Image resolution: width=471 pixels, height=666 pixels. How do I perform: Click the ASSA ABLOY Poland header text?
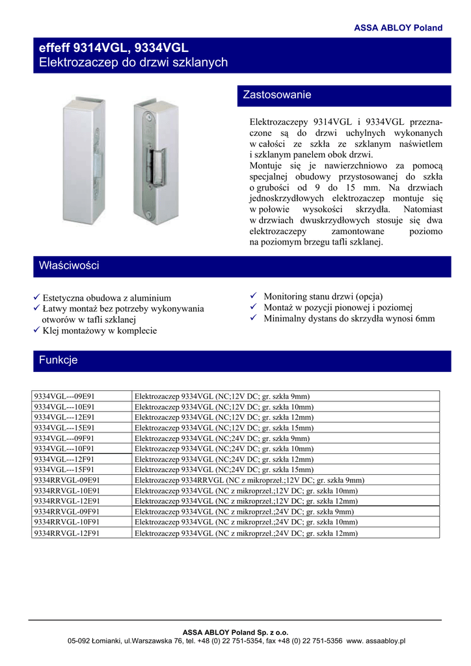coord(397,28)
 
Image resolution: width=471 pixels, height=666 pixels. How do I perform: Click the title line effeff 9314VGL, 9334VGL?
coord(114,48)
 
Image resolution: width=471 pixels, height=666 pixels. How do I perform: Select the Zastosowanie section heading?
coord(277,95)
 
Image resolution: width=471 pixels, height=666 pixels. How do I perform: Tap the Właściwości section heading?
coord(69,266)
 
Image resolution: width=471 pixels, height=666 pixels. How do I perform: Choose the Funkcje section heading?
coord(59,360)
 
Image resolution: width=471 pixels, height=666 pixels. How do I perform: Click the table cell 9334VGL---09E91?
coord(64,396)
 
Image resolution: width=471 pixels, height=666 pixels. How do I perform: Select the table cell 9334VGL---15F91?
coord(64,470)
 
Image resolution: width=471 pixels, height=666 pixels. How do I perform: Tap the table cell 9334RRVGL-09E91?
coord(68,480)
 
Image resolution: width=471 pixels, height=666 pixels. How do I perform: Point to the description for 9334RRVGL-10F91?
coord(246,522)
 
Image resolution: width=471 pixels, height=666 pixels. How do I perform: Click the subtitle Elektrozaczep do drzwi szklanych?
coord(133,62)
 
